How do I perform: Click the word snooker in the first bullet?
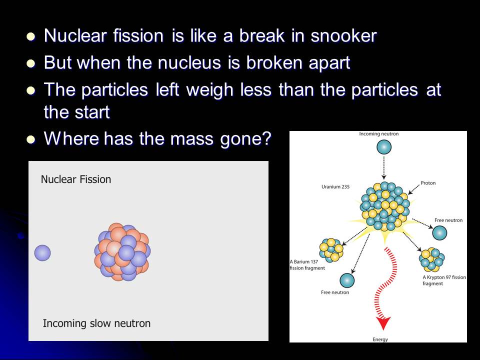pyautogui.click(x=343, y=35)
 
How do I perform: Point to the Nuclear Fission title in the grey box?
pyautogui.click(x=76, y=179)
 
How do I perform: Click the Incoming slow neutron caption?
pyautogui.click(x=96, y=323)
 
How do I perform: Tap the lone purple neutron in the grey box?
pyautogui.click(x=42, y=253)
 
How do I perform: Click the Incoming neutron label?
pyautogui.click(x=378, y=134)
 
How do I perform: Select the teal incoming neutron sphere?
pyautogui.click(x=384, y=147)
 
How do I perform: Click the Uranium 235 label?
pyautogui.click(x=335, y=186)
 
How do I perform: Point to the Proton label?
pyautogui.click(x=428, y=183)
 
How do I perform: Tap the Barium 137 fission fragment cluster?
pyautogui.click(x=331, y=250)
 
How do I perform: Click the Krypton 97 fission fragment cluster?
pyautogui.click(x=431, y=259)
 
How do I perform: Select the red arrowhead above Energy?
pyautogui.click(x=383, y=323)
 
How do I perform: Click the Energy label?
pyautogui.click(x=380, y=339)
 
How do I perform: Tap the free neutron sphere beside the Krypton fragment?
pyautogui.click(x=439, y=233)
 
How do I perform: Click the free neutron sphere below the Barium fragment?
pyautogui.click(x=347, y=280)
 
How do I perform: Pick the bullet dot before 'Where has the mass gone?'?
pyautogui.click(x=31, y=139)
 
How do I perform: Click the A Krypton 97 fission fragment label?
pyautogui.click(x=444, y=280)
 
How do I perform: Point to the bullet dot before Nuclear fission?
pyautogui.click(x=31, y=36)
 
